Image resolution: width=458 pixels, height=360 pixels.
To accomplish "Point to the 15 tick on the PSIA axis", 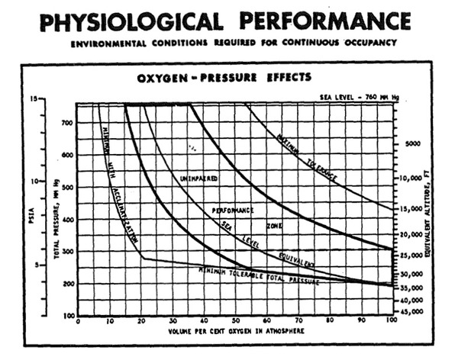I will click(34, 99).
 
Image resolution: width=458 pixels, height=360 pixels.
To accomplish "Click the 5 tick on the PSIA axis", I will click(36, 265).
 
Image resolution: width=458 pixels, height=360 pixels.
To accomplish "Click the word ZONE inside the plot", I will click(274, 226).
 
